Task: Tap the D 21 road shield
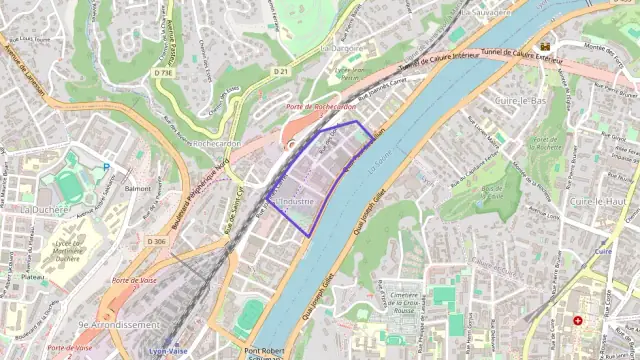coord(282,72)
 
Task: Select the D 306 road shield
coord(156,242)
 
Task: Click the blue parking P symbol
coord(107,167)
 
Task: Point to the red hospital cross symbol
coord(577,321)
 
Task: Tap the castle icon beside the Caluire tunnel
coord(545,47)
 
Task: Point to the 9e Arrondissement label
coord(119,325)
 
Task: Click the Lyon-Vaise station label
coord(169,351)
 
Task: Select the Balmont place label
coord(138,188)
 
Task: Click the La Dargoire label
coord(340,47)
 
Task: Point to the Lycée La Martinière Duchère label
coord(67,251)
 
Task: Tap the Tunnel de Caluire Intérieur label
coord(437,59)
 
